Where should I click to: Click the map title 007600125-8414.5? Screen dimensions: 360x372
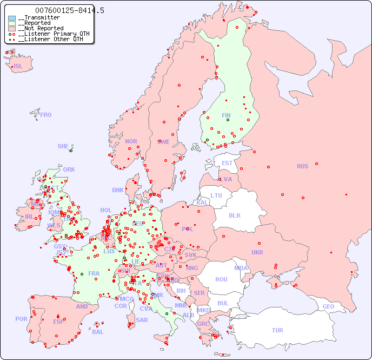pyautogui.click(x=69, y=10)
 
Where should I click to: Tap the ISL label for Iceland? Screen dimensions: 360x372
pyautogui.click(x=18, y=67)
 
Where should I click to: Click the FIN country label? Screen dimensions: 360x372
pyautogui.click(x=226, y=115)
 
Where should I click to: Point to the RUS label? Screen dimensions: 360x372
pyautogui.click(x=302, y=166)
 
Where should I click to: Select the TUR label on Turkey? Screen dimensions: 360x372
pyautogui.click(x=277, y=330)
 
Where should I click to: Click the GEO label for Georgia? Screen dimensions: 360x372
pyautogui.click(x=328, y=306)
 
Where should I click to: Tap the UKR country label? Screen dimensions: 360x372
pyautogui.click(x=257, y=252)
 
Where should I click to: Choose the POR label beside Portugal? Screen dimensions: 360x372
pyautogui.click(x=21, y=319)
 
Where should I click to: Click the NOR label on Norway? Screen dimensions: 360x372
pyautogui.click(x=131, y=141)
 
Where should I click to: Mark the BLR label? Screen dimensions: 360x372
pyautogui.click(x=234, y=215)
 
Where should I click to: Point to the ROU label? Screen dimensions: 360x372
pyautogui.click(x=221, y=279)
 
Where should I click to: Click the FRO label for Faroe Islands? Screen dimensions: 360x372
pyautogui.click(x=46, y=115)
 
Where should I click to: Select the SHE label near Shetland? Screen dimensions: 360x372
pyautogui.click(x=63, y=146)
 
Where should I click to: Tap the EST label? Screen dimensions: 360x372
pyautogui.click(x=227, y=163)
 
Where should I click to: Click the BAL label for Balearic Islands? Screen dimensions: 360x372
pyautogui.click(x=98, y=332)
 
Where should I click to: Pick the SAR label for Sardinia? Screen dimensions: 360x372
pyautogui.click(x=142, y=320)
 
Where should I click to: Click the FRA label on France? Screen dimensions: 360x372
pyautogui.click(x=94, y=273)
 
